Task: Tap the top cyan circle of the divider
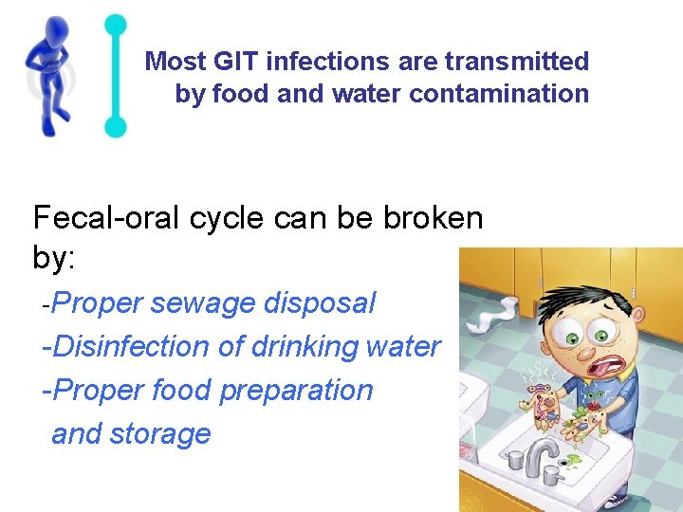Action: click(x=115, y=25)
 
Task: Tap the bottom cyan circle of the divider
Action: click(x=115, y=126)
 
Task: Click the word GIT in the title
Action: click(x=235, y=63)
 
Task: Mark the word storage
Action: click(x=159, y=434)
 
